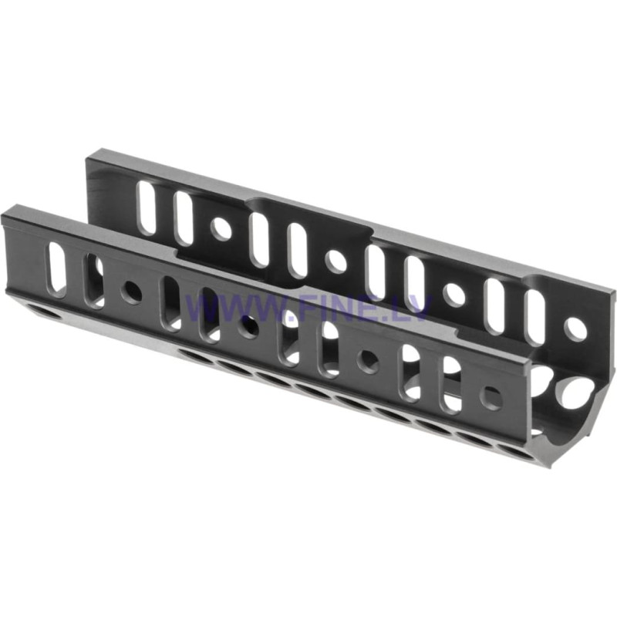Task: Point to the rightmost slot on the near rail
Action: point(450,383)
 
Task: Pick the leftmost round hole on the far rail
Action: point(221,229)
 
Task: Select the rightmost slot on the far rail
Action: point(534,316)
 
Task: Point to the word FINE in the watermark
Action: point(332,309)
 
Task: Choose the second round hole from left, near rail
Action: point(248,326)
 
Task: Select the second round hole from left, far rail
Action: point(336,261)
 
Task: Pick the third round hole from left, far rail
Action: point(454,294)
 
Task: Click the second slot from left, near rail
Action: point(94,280)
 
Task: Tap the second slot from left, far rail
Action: point(184,218)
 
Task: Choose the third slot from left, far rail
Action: point(259,240)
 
